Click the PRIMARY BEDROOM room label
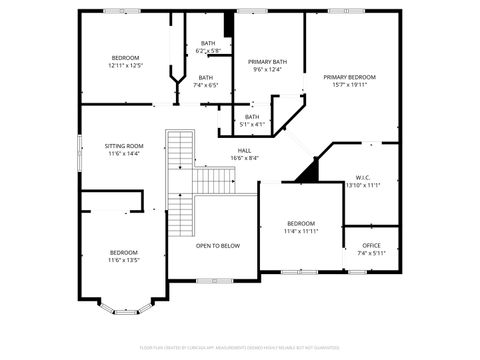coord(349,77)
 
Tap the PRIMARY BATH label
coord(266,61)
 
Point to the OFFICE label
coord(371,245)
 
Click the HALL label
coord(244,150)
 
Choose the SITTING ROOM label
coord(124,146)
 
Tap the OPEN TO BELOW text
coord(217,245)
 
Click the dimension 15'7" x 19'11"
coord(349,85)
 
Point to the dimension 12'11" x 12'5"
coord(126,66)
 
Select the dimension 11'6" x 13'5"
coord(124,260)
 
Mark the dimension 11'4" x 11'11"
coord(301,231)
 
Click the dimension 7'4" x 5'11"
coord(371,253)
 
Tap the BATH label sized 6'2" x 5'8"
coord(208,43)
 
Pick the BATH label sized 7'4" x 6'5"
coord(205,78)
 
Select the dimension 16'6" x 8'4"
coord(244,158)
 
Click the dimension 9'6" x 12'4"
coord(266,69)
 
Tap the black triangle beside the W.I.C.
coord(308,171)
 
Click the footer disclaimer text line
coord(240,347)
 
